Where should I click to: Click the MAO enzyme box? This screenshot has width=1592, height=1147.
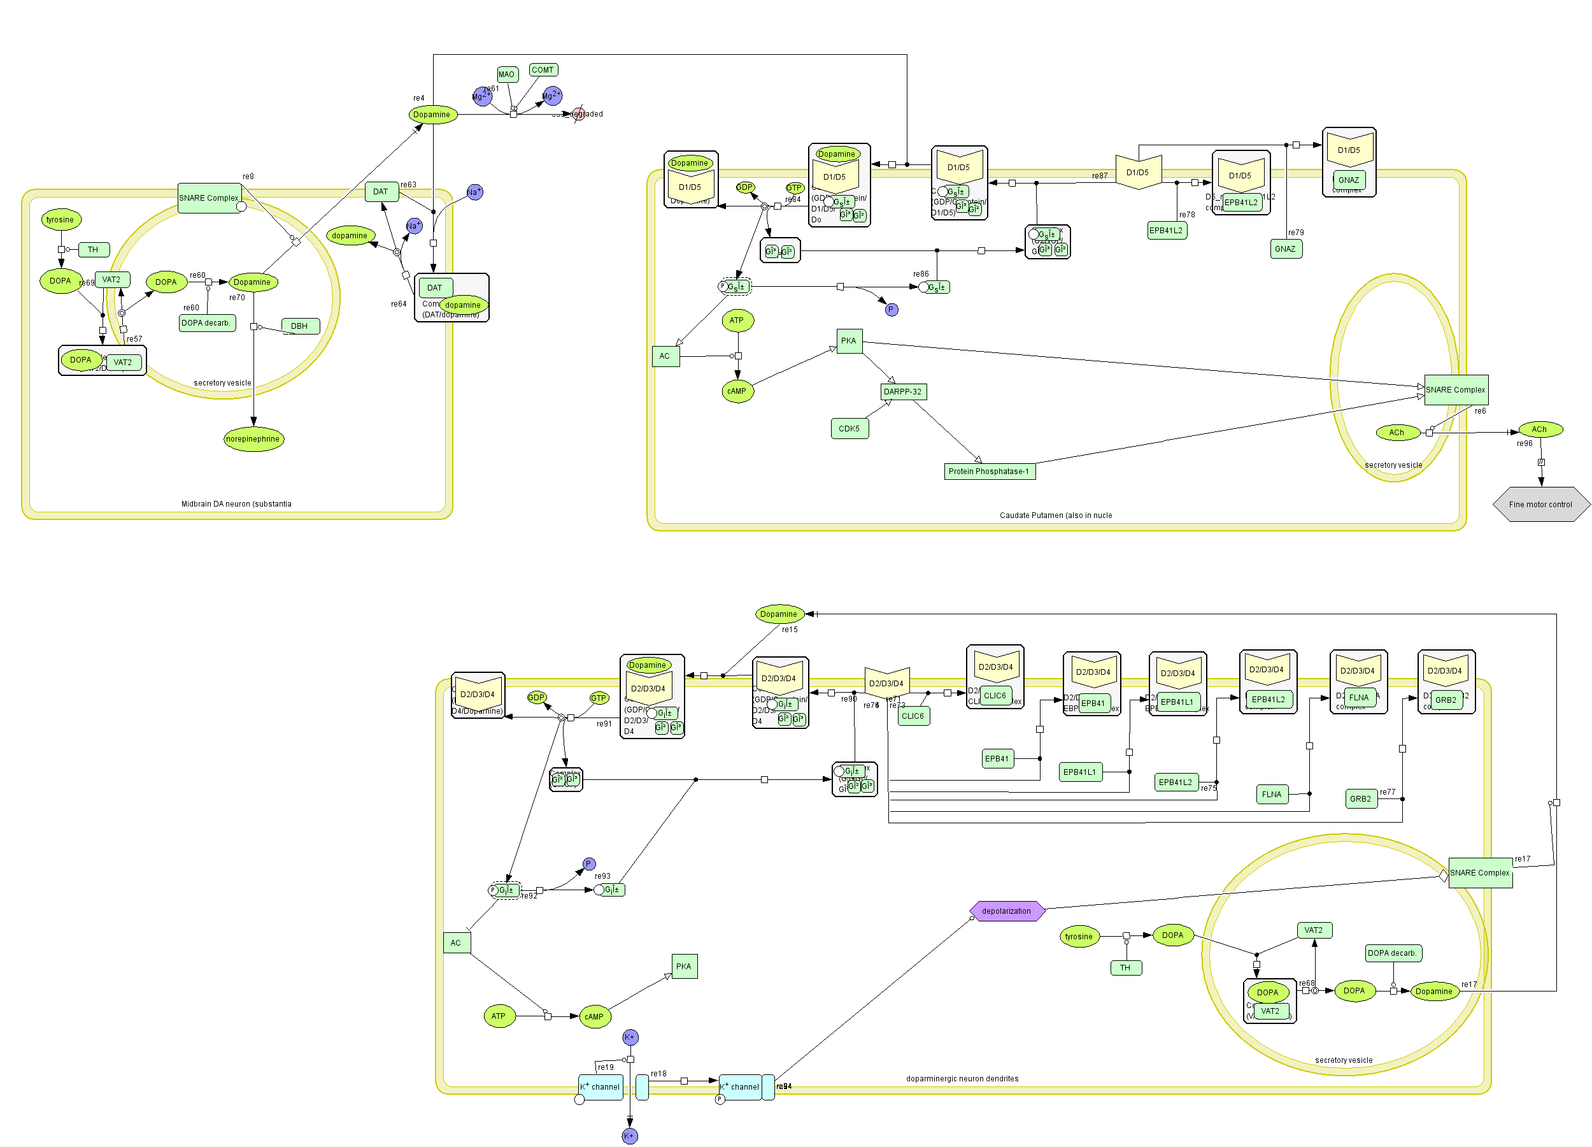coord(506,75)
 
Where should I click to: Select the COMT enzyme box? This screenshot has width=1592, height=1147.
coord(543,70)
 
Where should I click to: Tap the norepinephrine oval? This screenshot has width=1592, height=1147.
coord(253,439)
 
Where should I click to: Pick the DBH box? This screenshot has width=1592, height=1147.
coord(300,326)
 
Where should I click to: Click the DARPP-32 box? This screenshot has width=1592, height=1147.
coord(903,392)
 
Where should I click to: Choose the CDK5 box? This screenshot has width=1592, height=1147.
coord(849,428)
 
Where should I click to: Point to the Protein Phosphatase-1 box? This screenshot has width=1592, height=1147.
coord(989,472)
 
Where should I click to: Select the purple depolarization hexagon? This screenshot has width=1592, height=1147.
coord(1007,911)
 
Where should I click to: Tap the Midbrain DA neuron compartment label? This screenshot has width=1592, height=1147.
coord(236,503)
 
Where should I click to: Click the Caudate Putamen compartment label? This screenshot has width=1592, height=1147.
coord(1055,516)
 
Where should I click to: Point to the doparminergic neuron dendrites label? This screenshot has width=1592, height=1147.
coord(962,1079)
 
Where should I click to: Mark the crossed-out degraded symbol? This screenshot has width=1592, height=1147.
coord(578,114)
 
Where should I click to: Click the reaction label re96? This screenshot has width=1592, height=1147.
coord(1524,444)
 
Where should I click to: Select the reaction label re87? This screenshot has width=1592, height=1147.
coord(1099,177)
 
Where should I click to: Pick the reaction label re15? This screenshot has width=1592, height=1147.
coord(790,630)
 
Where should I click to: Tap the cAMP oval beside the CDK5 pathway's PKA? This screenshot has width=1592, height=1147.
coord(737,391)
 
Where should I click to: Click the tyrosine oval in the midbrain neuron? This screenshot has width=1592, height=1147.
coord(60,220)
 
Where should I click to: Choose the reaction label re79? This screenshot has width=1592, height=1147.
coord(1296,233)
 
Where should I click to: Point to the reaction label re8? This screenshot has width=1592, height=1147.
coord(248,177)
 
